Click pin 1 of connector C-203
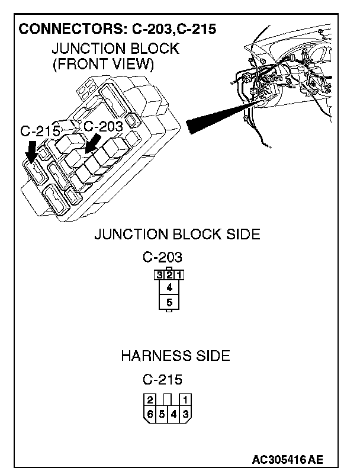coord(179,275)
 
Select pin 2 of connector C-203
coord(169,275)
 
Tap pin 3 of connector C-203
coord(160,275)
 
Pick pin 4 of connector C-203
coord(169,287)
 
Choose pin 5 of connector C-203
coord(169,302)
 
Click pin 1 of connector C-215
coord(185,399)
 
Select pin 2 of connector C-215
coord(150,399)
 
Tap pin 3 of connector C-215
coord(185,414)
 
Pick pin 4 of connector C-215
coord(173,414)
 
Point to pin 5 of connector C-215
coord(162,414)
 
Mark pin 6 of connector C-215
coord(150,414)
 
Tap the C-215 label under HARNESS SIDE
coord(162,379)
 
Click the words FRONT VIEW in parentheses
coord(104,63)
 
